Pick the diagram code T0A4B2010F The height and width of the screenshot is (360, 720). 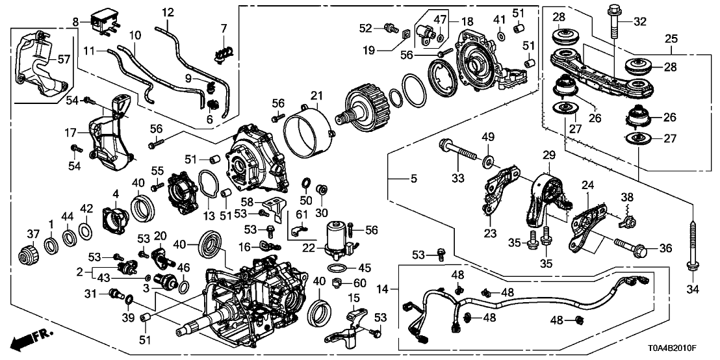686,348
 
